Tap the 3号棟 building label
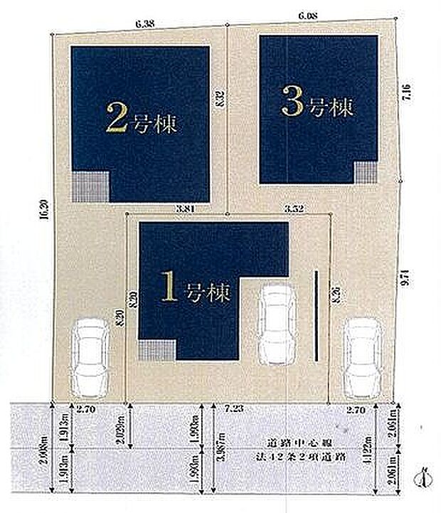[317, 106]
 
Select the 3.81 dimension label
[186, 208]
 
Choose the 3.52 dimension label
[294, 208]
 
